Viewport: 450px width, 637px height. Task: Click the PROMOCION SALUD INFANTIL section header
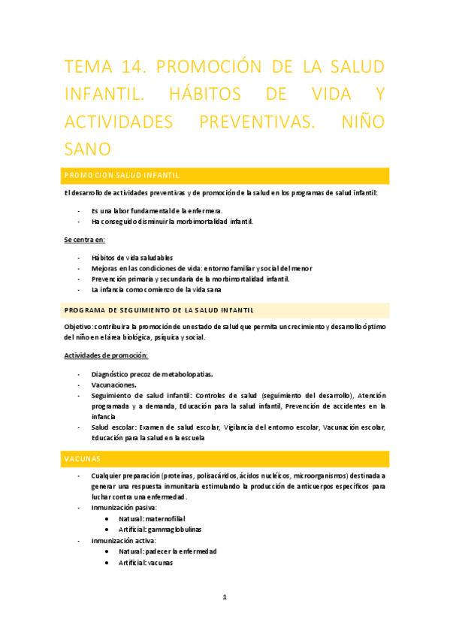(x=121, y=176)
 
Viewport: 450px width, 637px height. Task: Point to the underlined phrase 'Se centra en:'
(x=84, y=240)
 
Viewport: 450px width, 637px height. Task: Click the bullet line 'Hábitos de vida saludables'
(x=131, y=258)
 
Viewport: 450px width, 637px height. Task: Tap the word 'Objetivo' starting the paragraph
(x=78, y=327)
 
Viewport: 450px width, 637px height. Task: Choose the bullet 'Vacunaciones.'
(x=114, y=385)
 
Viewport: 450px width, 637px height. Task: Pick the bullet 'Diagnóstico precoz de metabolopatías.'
(x=152, y=374)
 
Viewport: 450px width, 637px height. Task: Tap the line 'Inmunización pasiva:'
(x=125, y=508)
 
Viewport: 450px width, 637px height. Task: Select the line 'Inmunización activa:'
(x=123, y=540)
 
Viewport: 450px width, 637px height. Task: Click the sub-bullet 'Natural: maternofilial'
(x=152, y=519)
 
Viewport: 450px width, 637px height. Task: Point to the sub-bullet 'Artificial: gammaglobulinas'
(x=159, y=530)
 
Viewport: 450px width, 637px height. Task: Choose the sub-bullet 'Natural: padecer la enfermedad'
(x=167, y=551)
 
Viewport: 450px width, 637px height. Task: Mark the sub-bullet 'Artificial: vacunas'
(x=146, y=562)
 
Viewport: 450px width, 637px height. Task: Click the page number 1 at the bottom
(x=225, y=597)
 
